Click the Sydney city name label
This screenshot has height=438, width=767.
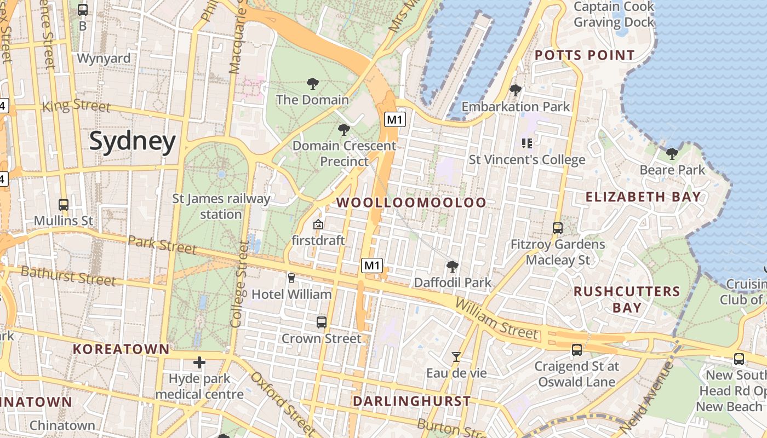coord(133,141)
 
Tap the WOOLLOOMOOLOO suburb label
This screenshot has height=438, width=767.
coord(411,203)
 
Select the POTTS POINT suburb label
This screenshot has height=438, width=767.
coord(585,55)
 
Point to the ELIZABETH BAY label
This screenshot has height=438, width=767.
coord(643,197)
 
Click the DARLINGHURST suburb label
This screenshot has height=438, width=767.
coord(411,401)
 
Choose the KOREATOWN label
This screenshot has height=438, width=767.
coord(121,349)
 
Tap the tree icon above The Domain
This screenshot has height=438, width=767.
coord(312,84)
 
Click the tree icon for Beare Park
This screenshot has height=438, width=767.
coord(672,154)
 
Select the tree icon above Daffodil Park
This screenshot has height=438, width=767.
coord(452,267)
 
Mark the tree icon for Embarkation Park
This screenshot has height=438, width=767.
coord(515,90)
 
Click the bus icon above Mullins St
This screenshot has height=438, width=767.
coord(64,205)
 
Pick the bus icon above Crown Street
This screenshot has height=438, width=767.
coord(322,322)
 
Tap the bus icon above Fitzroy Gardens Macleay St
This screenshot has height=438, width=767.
coord(558,228)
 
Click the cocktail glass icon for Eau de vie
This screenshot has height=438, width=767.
coord(456,357)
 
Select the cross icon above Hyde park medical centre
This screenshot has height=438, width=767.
coord(199,362)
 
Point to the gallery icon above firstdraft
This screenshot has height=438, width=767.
coord(318,224)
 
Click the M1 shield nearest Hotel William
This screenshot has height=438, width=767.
coord(372,266)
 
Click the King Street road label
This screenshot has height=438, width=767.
coord(76,106)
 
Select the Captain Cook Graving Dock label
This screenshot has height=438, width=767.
coord(614,15)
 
